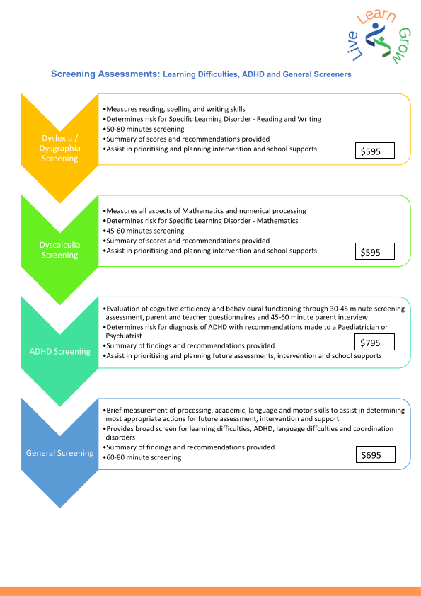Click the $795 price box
coord(374,342)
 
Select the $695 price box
coord(376,454)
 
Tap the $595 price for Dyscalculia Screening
coord(374,251)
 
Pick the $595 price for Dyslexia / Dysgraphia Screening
coord(374,151)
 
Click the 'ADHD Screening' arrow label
coord(60,352)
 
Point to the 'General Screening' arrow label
coord(59,453)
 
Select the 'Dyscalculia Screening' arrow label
coord(59,250)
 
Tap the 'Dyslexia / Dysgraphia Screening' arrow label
coord(59,148)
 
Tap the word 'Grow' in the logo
coord(403,45)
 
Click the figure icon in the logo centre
coord(378,40)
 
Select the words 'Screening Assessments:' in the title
coord(105,74)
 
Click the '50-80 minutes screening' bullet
coord(144,130)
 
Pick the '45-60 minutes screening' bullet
coord(144,231)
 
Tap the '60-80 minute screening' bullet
coord(142,457)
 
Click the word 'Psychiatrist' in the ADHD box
coord(124,336)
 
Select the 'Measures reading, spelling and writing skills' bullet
coord(174,109)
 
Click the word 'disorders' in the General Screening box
coord(120,437)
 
